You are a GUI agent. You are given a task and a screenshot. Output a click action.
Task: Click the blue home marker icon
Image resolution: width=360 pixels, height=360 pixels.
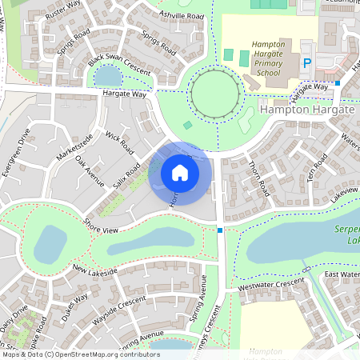(x=180, y=173)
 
